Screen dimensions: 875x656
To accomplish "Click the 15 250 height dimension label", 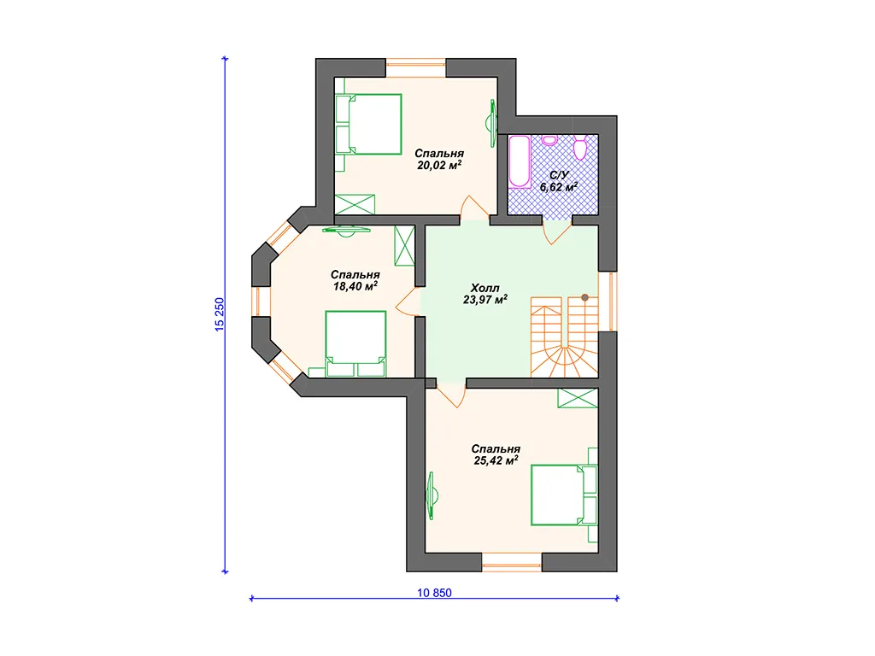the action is tap(220, 314).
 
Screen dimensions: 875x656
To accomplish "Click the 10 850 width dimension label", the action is tap(434, 593).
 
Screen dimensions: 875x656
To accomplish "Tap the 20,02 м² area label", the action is tap(439, 165).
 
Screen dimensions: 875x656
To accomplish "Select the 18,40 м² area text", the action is tap(355, 286).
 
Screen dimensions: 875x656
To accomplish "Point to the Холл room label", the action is tap(485, 288).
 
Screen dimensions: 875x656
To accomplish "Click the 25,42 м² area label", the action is tap(496, 460).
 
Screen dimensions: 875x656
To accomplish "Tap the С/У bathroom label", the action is tap(559, 175).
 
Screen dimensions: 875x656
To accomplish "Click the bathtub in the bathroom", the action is tap(519, 161).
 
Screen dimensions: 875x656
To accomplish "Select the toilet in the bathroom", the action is tap(580, 147).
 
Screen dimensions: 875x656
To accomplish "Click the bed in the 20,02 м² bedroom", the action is tap(369, 124).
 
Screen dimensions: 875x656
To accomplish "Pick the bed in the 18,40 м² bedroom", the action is tap(355, 343).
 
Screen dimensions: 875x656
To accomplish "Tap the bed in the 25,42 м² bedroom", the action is tap(564, 495).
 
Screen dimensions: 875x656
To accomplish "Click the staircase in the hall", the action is tap(564, 337).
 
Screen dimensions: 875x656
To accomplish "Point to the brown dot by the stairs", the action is tap(584, 297).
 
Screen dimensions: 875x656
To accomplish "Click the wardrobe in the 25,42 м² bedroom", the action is tap(578, 398).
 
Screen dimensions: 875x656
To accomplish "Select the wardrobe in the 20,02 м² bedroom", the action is tap(355, 204).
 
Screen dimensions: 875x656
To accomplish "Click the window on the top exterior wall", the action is tap(416, 67).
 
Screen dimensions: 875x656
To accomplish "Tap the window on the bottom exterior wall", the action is tap(512, 562).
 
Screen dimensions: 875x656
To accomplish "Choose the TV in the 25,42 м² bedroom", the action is tap(432, 495).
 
